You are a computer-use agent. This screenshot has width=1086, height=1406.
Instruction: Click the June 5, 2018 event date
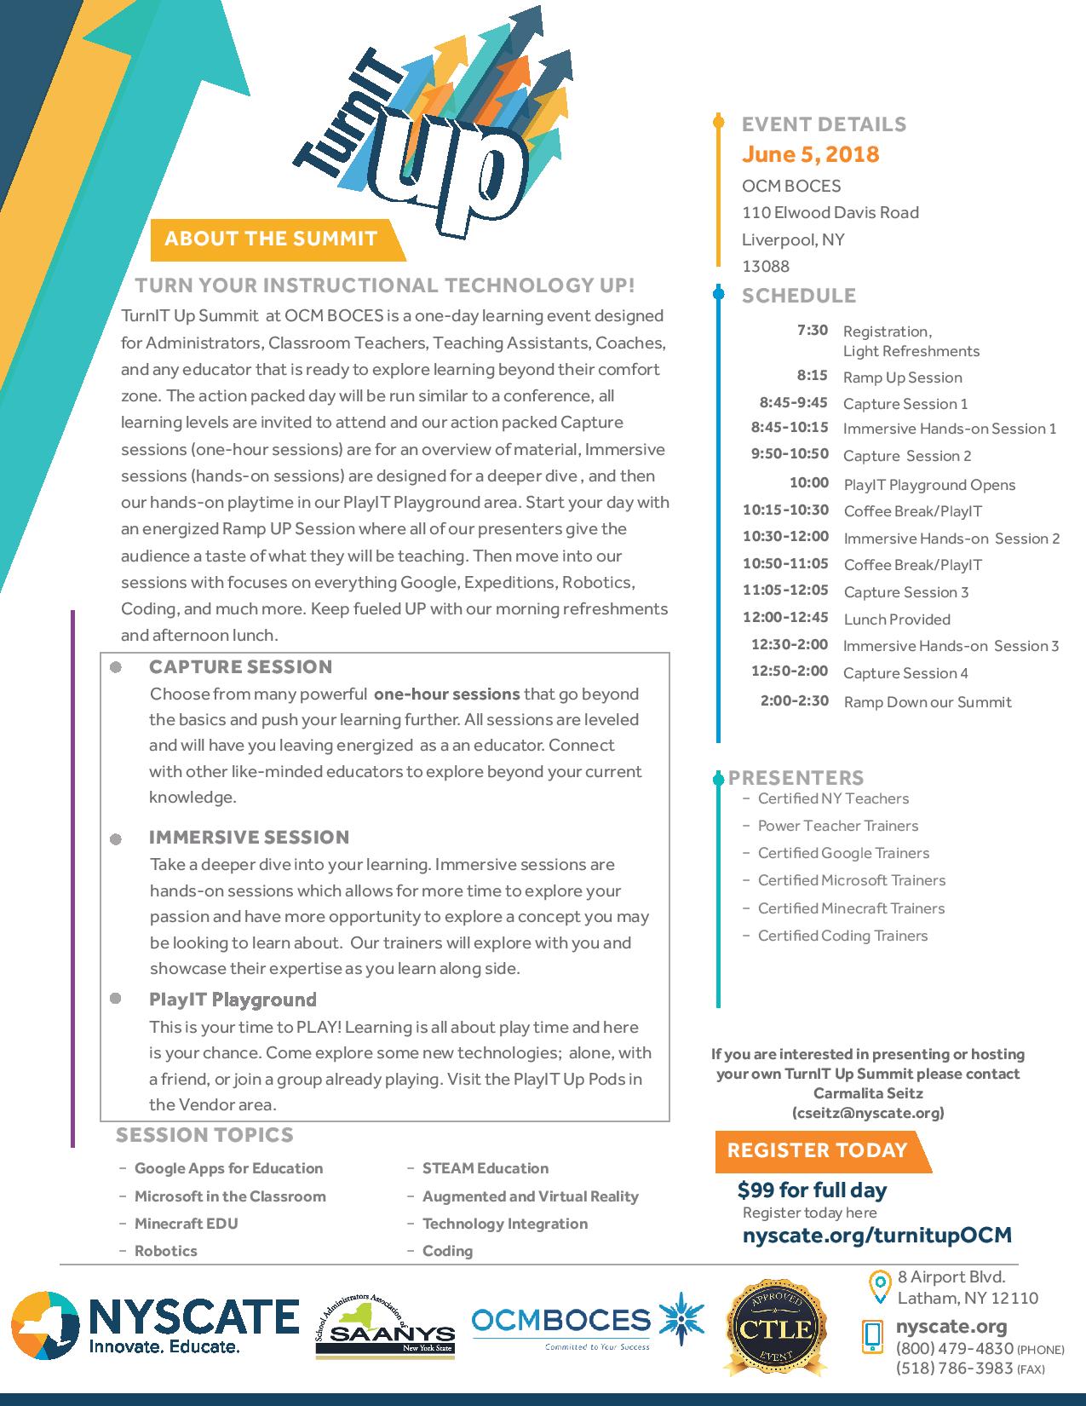(x=810, y=154)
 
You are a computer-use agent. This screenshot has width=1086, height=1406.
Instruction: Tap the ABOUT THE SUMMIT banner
(x=271, y=238)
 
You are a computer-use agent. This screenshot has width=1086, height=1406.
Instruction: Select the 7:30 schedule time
(x=812, y=330)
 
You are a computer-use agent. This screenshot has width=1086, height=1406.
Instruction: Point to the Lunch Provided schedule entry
(x=896, y=619)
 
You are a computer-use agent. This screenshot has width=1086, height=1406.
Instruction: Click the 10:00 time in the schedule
(x=808, y=483)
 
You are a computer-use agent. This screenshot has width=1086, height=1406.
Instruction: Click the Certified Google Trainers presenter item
(x=843, y=853)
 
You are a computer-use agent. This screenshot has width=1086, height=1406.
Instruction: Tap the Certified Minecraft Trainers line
(x=851, y=908)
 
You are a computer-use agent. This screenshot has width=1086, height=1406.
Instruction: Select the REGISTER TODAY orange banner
(x=817, y=1150)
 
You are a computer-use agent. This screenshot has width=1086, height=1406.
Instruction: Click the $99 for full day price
(x=812, y=1190)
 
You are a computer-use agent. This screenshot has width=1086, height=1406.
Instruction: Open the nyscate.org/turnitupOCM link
(x=876, y=1236)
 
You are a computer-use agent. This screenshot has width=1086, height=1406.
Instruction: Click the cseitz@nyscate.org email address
(x=868, y=1113)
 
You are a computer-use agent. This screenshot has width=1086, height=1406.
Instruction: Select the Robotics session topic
(x=165, y=1251)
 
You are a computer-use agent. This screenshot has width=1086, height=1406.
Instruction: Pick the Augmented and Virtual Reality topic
(x=530, y=1196)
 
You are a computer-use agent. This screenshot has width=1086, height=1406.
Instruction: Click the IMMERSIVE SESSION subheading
(x=249, y=837)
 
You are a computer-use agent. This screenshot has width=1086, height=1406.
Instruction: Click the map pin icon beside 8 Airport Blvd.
(x=879, y=1286)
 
